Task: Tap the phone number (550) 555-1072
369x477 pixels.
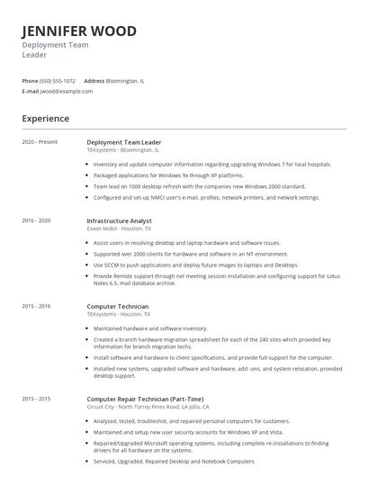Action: pyautogui.click(x=58, y=80)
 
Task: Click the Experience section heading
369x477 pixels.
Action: pyautogui.click(x=46, y=118)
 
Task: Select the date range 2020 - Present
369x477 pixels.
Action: pyautogui.click(x=40, y=142)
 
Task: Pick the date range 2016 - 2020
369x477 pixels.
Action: pyautogui.click(x=37, y=220)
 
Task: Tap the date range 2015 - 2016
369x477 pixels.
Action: pyautogui.click(x=37, y=306)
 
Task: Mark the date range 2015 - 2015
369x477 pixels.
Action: pyautogui.click(x=37, y=397)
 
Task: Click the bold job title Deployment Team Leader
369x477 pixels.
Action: pyautogui.click(x=123, y=142)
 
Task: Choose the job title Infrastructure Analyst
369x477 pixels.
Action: pyautogui.click(x=119, y=220)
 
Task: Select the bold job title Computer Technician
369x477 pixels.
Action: pyautogui.click(x=117, y=306)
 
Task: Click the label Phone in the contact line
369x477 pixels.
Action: pyautogui.click(x=30, y=80)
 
